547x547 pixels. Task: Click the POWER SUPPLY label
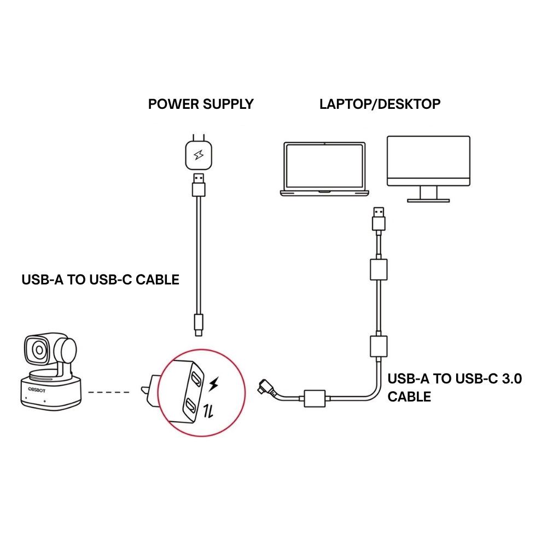pos(201,104)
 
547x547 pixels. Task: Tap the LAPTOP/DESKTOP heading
pos(380,104)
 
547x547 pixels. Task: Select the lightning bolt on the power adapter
pos(198,156)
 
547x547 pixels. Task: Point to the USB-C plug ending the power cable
pos(199,325)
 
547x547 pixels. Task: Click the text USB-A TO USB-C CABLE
pos(100,280)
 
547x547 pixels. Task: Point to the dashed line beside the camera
pos(108,392)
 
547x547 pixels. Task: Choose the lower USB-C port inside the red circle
pos(190,405)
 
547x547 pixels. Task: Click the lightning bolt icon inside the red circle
pos(214,385)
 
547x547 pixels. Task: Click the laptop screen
pos(324,167)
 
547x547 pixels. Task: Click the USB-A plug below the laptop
pos(378,219)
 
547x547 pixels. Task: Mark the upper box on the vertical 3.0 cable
pos(379,269)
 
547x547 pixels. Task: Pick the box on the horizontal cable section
pos(315,398)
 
